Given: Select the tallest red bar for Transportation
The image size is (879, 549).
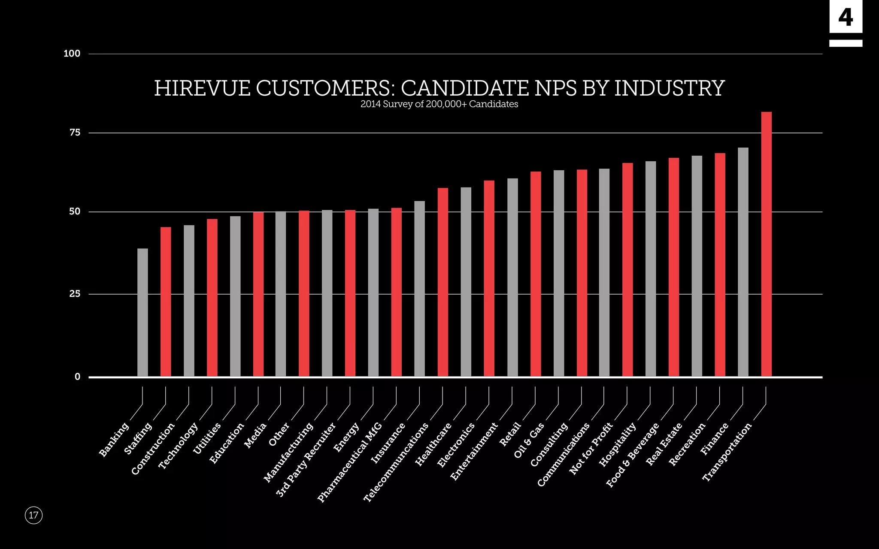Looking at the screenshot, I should pyautogui.click(x=766, y=244).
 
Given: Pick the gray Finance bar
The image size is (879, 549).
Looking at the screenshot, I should pyautogui.click(x=743, y=262).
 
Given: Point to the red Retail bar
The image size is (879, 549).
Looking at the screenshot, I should pyautogui.click(x=535, y=274).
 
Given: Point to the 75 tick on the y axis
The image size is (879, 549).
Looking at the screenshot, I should pyautogui.click(x=75, y=133).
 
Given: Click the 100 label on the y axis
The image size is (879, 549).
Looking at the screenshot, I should pyautogui.click(x=72, y=54).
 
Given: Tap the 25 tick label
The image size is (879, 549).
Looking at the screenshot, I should pyautogui.click(x=75, y=294).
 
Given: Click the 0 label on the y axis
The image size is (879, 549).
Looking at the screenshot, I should pyautogui.click(x=77, y=377).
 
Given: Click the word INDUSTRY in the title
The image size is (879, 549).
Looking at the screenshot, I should pyautogui.click(x=669, y=88).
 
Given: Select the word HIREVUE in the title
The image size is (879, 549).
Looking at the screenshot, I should pyautogui.click(x=202, y=88).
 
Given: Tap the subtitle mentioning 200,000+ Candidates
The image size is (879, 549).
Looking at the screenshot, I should pyautogui.click(x=439, y=104).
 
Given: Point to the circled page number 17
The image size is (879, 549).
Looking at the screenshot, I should pyautogui.click(x=33, y=515).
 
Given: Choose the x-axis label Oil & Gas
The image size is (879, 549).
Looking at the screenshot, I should pyautogui.click(x=529, y=440).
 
